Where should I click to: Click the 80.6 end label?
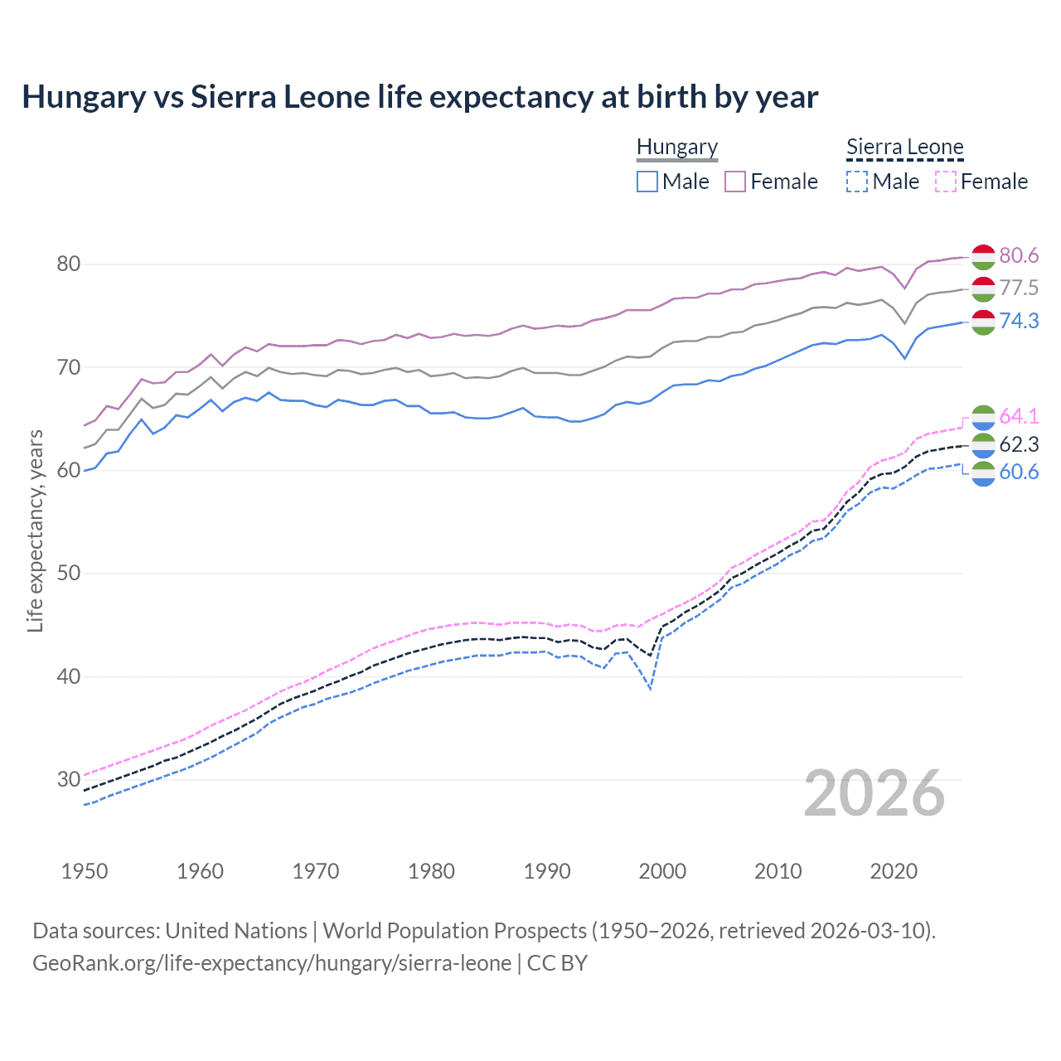(1019, 256)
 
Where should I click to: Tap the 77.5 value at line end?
(1019, 288)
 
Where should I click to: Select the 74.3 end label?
(1019, 321)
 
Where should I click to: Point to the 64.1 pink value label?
(1019, 416)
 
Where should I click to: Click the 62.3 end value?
(1019, 445)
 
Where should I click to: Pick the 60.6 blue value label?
(1019, 472)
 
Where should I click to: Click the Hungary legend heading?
(677, 148)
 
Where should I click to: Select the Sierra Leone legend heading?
(904, 148)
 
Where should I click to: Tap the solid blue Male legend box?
(647, 182)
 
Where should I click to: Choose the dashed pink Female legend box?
(946, 182)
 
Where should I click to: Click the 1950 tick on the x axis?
(85, 871)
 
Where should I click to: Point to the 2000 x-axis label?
(662, 871)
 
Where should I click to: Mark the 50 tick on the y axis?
(69, 574)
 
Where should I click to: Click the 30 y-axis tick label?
(69, 780)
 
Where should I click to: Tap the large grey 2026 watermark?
(874, 793)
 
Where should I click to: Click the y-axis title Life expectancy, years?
(36, 530)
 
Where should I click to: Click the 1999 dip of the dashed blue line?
(651, 689)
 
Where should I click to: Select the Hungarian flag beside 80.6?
(983, 257)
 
